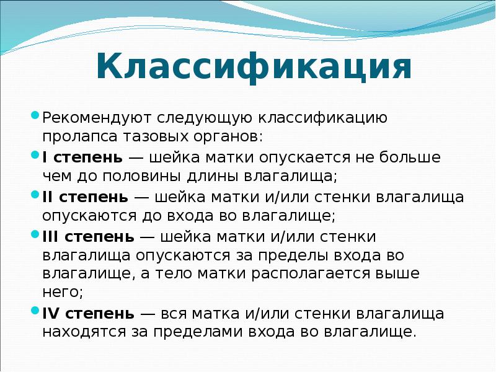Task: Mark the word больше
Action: point(412,157)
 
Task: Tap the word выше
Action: point(397,273)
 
